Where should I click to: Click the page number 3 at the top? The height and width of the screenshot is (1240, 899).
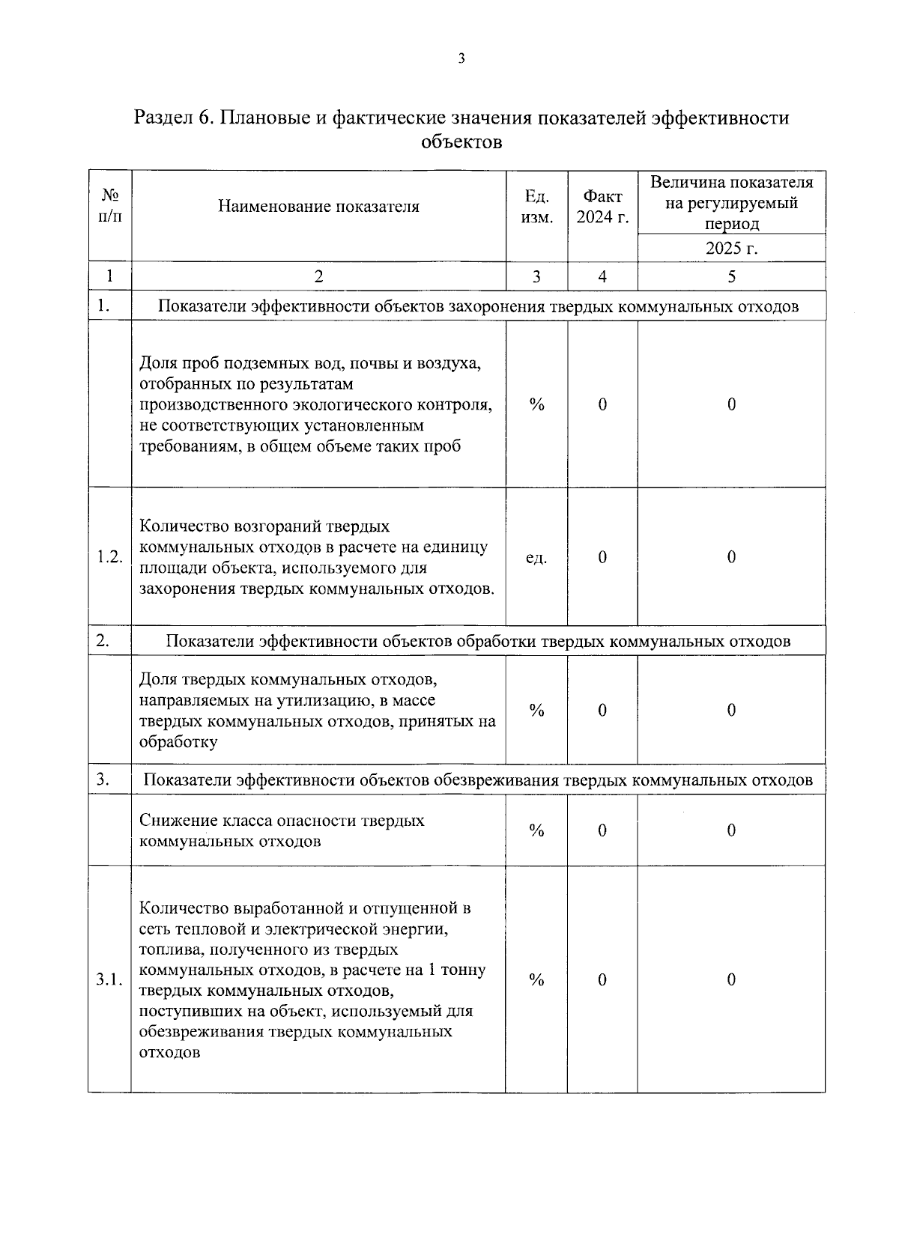point(461,59)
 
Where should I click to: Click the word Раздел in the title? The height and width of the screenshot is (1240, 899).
point(163,118)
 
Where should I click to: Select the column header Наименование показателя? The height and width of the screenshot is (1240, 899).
point(318,207)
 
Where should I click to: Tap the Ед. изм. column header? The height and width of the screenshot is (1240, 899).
point(536,207)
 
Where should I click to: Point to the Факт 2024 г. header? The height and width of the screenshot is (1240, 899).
point(602,207)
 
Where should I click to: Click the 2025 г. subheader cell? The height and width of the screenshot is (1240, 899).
point(731,248)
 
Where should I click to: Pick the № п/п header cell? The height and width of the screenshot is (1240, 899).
point(109,206)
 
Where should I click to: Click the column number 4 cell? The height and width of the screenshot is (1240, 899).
point(602,276)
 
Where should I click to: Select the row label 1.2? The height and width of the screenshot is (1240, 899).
point(109,557)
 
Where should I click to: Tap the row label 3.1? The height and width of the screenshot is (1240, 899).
point(109,980)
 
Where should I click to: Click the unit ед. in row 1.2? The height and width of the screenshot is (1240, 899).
point(536,558)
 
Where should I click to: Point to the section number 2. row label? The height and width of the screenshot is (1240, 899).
point(103,640)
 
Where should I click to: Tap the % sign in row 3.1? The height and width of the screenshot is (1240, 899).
point(536,980)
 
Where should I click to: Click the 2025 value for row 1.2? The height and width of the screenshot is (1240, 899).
point(731,557)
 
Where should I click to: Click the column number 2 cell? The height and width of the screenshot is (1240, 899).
point(318,276)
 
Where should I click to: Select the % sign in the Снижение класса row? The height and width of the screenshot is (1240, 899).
point(536,830)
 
